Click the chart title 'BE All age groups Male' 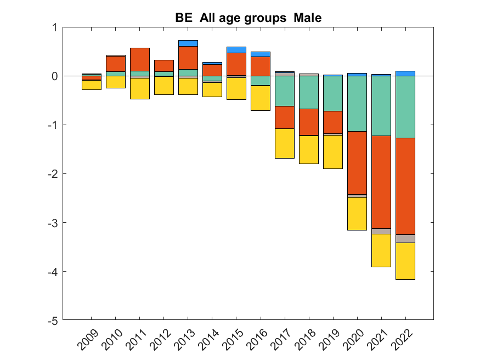[x=248, y=18]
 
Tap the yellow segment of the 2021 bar [x=381, y=250]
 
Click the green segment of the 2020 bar [x=357, y=104]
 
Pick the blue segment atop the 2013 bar [x=188, y=43]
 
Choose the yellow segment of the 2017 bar [x=284, y=143]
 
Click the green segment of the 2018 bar [x=308, y=92]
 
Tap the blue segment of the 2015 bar [x=236, y=50]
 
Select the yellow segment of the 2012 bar [x=163, y=85]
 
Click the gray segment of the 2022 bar [x=405, y=238]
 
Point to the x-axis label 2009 [x=88, y=340]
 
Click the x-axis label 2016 [x=257, y=340]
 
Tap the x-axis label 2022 [x=402, y=340]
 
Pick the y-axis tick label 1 [x=55, y=27]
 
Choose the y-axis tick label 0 [x=55, y=76]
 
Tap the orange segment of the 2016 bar [x=260, y=66]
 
